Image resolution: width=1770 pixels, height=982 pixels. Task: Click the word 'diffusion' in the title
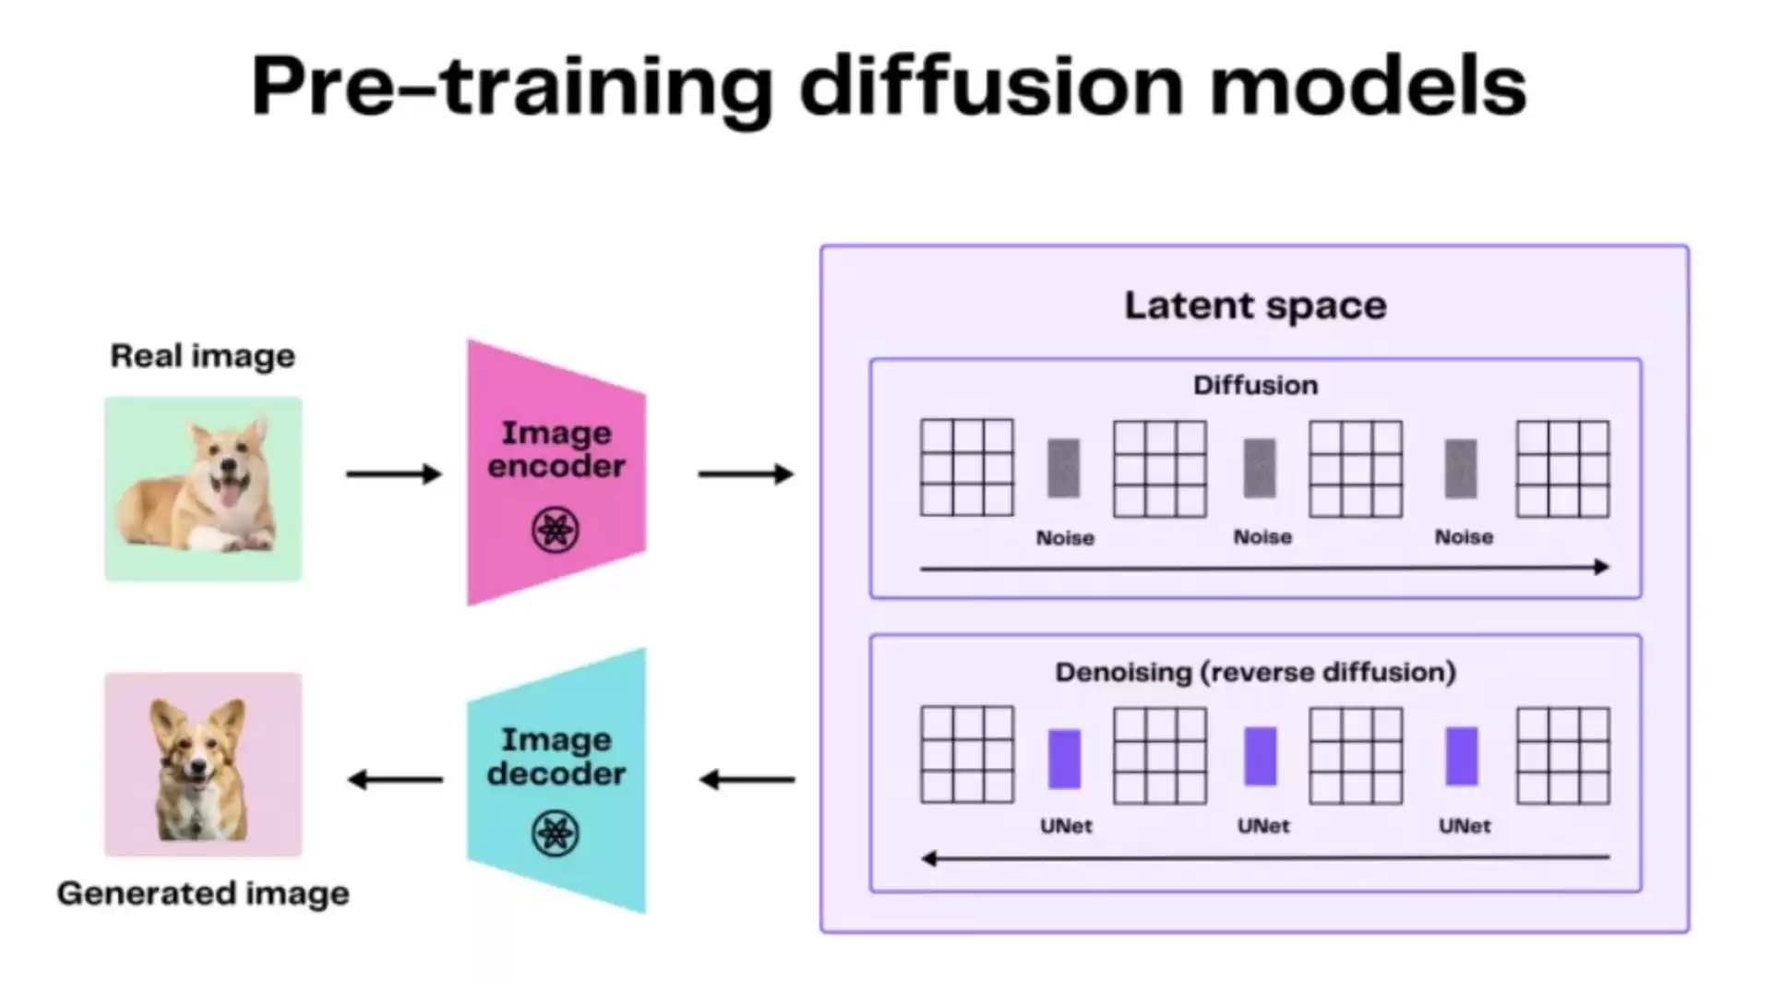[x=991, y=86]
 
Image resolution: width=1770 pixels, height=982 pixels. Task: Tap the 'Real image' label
[x=203, y=355]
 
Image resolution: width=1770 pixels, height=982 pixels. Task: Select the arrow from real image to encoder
[x=393, y=473]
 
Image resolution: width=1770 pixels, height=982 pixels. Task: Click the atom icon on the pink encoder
[x=556, y=530]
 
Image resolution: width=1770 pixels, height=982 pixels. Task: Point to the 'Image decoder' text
[x=556, y=756]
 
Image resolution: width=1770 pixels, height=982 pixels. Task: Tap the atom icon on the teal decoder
[x=556, y=832]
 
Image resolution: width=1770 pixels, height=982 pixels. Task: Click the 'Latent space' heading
[x=1254, y=305]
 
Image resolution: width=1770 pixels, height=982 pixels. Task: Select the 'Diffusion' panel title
[x=1255, y=385]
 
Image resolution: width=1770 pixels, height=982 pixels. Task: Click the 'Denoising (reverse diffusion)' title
[x=1255, y=672]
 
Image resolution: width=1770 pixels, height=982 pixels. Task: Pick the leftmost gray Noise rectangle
[x=1063, y=468]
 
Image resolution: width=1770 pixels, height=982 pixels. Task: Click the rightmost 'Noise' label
[x=1463, y=537]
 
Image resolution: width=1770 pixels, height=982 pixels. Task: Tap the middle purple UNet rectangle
[x=1261, y=757]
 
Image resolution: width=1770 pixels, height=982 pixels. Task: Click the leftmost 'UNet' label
[x=1066, y=826]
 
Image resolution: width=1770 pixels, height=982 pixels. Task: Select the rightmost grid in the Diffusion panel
[x=1562, y=468]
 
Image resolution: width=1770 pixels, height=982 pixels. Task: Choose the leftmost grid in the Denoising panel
[x=966, y=754]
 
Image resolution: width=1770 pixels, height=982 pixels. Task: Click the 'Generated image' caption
[x=203, y=893]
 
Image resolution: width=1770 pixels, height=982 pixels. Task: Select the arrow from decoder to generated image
[x=395, y=780]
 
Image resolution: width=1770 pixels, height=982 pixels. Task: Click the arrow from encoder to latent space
[x=745, y=473]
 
